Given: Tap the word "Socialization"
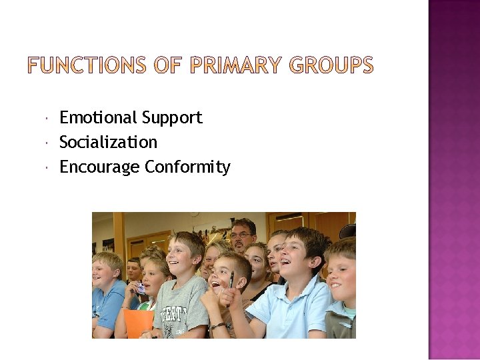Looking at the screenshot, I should (108, 143).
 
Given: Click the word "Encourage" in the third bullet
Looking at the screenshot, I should (99, 167).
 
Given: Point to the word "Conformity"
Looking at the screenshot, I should (187, 167).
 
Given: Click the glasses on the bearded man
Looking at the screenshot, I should (241, 235).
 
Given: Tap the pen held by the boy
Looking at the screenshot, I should (232, 280).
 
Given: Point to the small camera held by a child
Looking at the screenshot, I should (139, 289).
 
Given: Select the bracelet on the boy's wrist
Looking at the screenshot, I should (217, 326).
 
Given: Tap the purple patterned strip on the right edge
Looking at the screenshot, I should (454, 180).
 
